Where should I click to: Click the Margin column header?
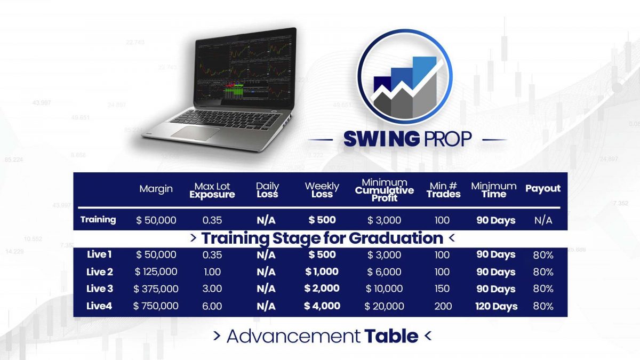coord(156,189)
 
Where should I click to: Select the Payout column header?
coord(543,188)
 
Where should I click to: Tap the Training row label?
coord(98,219)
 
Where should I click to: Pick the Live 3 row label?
coord(100,289)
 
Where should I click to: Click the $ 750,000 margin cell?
coord(156,306)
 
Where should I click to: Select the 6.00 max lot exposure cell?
coord(212,306)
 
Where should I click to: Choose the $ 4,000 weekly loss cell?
coord(322,306)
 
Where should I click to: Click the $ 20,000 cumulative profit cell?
coord(384,306)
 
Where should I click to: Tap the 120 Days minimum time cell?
coord(497,306)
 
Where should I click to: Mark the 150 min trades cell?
coord(442,289)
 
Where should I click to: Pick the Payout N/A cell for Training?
coord(543,220)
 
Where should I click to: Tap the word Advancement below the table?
coord(293,336)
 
